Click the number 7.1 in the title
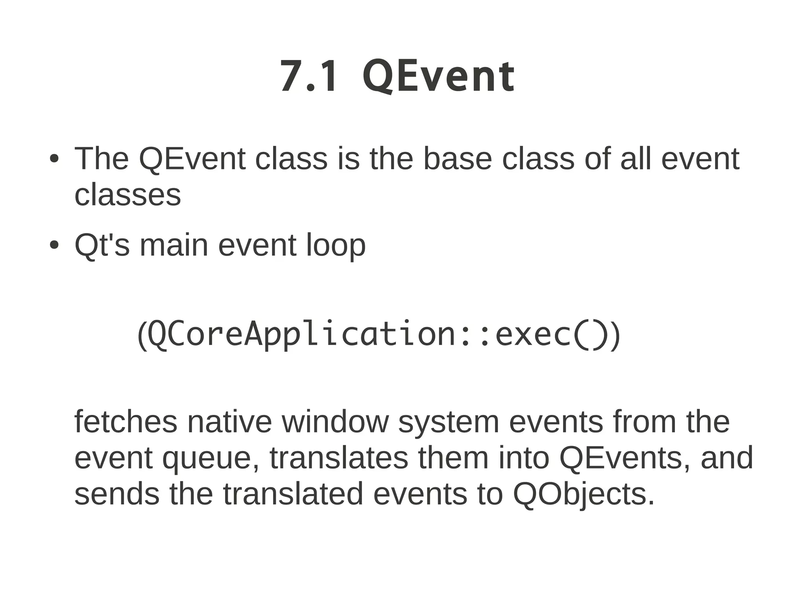(308, 76)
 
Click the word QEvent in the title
(439, 76)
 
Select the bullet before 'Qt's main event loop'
(54, 245)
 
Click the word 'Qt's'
(102, 245)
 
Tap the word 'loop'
(335, 245)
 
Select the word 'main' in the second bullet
(174, 245)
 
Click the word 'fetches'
(125, 422)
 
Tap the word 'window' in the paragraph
(335, 422)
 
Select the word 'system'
(448, 422)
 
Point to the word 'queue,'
(210, 458)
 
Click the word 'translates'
(339, 458)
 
